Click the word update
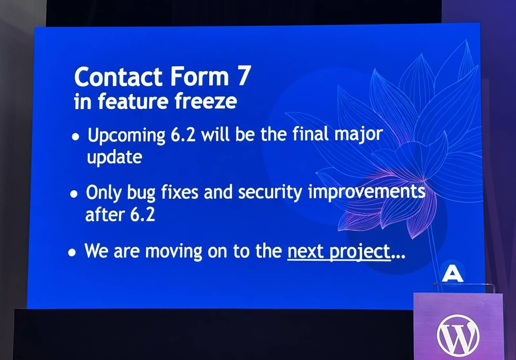pyautogui.click(x=114, y=158)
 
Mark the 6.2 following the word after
pyautogui.click(x=142, y=215)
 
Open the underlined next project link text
pyautogui.click(x=338, y=252)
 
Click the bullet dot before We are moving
pyautogui.click(x=72, y=253)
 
